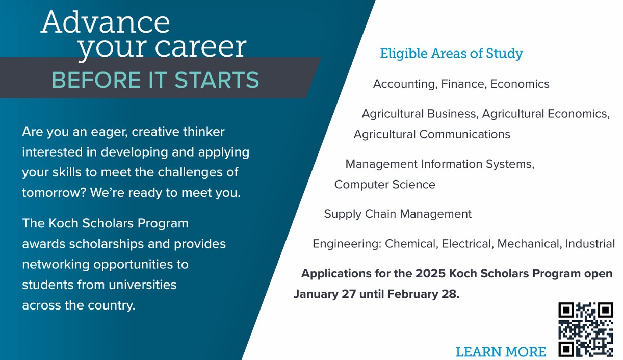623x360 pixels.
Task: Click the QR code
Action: pos(586,330)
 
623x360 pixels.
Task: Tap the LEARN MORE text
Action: pos(501,352)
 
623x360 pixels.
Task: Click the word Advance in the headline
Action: pos(105,22)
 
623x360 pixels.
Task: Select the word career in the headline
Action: pos(200,47)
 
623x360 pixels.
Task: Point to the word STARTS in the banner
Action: pos(217,80)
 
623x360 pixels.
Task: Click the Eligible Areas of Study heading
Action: pos(451,54)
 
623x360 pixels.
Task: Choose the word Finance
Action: pos(464,84)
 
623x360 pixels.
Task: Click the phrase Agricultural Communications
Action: pos(432,134)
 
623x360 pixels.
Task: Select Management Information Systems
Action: pos(439,164)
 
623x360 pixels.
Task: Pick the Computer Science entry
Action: pos(384,185)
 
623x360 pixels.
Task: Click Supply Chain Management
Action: pos(398,214)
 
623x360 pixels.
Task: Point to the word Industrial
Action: pos(590,244)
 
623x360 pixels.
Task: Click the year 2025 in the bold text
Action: pos(430,273)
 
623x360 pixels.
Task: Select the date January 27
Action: pos(325,294)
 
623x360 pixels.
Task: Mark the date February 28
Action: pos(423,294)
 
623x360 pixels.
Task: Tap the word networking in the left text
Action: pos(56,265)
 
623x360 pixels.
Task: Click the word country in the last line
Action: pos(112,305)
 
